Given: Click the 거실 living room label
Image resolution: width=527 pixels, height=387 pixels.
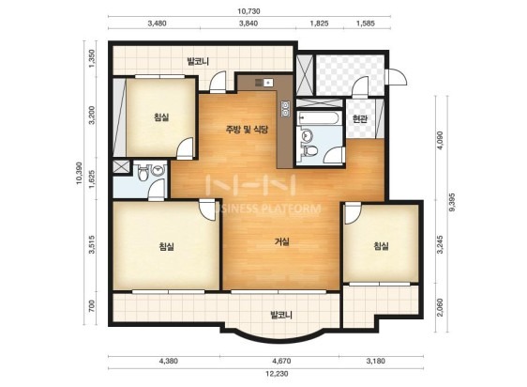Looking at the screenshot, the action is (282, 241).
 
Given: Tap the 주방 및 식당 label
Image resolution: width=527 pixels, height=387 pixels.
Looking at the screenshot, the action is (247, 130).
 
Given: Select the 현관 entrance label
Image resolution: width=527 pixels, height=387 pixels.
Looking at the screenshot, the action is (360, 118).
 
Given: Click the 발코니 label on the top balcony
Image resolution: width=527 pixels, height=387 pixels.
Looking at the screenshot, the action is (198, 62).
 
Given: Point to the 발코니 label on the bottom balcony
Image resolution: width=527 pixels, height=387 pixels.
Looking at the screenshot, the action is (281, 315).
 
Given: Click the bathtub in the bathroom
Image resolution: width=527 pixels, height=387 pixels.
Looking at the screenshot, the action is (319, 118).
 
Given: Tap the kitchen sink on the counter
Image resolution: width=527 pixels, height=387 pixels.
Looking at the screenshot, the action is (264, 83).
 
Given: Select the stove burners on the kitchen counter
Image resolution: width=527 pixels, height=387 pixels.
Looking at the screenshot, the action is (285, 108).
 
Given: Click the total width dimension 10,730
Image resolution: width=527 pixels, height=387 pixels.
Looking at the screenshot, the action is (248, 11).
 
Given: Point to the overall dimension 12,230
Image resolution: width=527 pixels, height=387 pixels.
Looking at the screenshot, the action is (277, 374).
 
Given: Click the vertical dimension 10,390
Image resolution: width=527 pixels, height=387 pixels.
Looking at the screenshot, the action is (80, 174).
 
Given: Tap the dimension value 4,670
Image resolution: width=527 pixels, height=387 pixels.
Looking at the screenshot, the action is (281, 362).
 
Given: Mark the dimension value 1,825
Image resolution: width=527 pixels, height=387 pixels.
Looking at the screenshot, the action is (319, 23).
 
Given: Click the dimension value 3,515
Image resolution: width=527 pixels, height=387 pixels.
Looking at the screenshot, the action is (92, 245).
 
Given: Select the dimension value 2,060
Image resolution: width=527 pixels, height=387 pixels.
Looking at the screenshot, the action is (441, 307).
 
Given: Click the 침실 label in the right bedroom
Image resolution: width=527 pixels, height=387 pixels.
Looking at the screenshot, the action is (381, 246).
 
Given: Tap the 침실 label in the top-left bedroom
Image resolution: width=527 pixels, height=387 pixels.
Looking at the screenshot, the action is (161, 117).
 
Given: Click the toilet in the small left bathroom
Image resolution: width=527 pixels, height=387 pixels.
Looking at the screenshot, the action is (143, 173).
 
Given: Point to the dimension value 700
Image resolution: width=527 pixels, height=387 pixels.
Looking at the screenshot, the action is (92, 306).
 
